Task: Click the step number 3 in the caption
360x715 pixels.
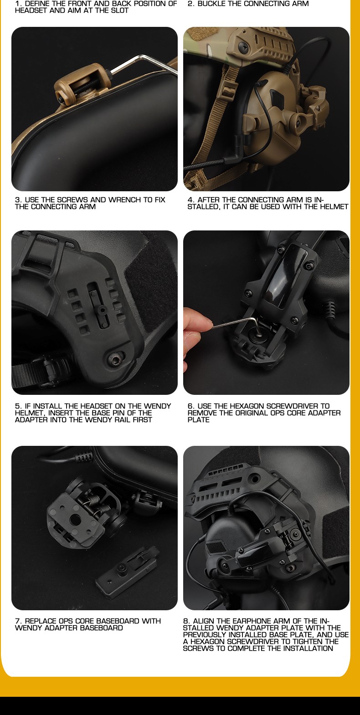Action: [17, 200]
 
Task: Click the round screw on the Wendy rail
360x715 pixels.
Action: [115, 361]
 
